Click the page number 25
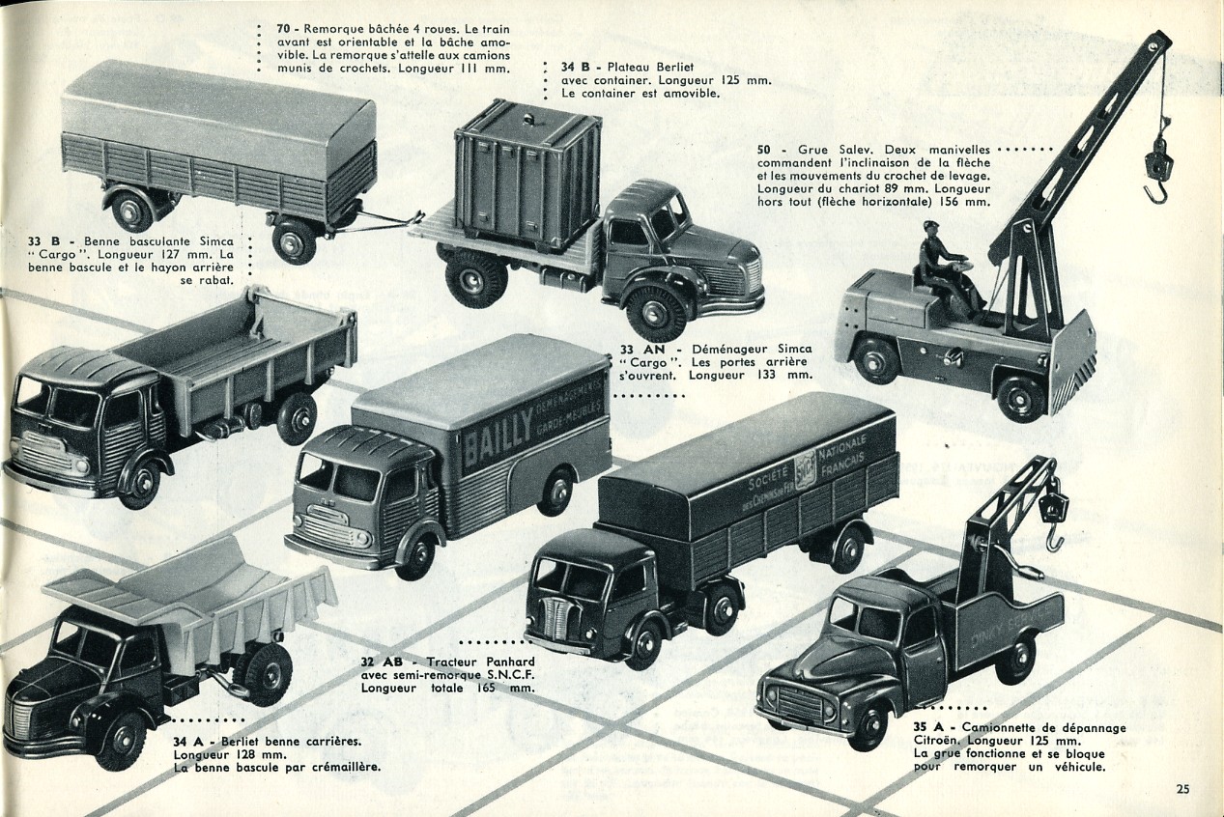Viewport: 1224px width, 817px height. (x=1182, y=789)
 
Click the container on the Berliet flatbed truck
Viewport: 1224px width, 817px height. (x=527, y=174)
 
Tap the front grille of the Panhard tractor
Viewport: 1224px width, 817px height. (x=556, y=618)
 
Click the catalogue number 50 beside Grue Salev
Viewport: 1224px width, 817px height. (x=764, y=150)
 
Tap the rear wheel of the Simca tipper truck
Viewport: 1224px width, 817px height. (x=296, y=417)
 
